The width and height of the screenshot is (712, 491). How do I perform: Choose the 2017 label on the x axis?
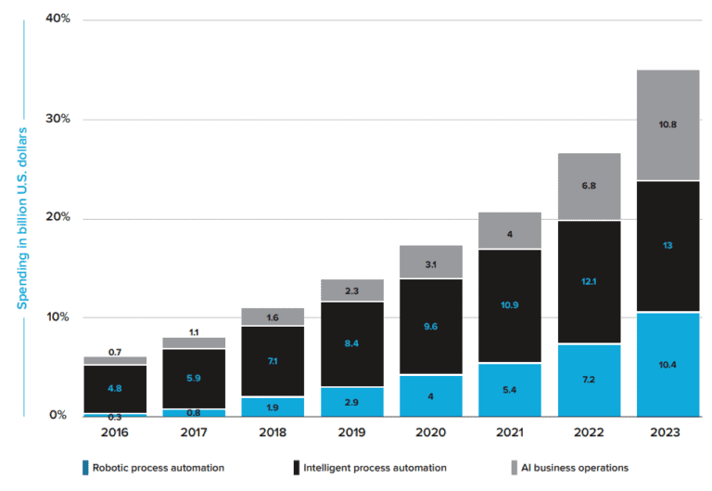(193, 433)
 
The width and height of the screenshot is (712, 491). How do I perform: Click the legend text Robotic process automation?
(157, 468)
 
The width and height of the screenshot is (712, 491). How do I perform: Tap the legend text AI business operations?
(575, 468)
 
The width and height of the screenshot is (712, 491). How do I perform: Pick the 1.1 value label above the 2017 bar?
(193, 331)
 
